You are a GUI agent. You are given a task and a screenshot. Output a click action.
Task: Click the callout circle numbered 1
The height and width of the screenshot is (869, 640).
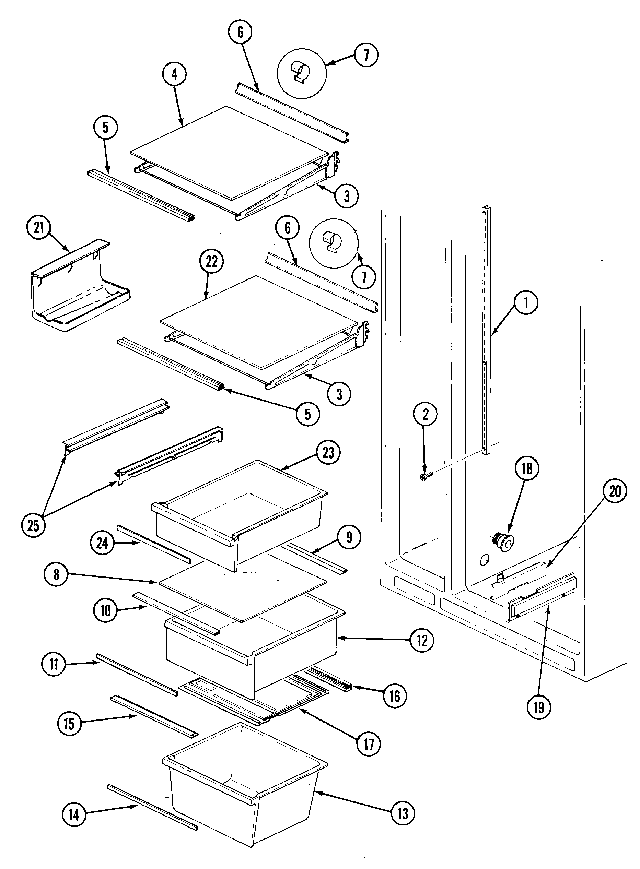[x=526, y=303]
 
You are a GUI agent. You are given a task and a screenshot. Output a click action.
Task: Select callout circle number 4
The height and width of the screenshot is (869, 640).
[x=174, y=74]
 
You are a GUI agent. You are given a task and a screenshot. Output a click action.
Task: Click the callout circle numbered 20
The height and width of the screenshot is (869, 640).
[x=615, y=491]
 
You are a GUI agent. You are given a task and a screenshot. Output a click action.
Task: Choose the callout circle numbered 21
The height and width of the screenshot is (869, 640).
[x=39, y=228]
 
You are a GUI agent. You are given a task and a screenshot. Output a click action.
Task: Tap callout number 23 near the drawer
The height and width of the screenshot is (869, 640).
[x=328, y=452]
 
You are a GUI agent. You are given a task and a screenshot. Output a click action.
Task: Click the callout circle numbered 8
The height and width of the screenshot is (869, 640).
[x=57, y=574]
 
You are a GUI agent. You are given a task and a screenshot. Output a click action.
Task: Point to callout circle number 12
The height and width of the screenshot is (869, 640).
[x=422, y=641]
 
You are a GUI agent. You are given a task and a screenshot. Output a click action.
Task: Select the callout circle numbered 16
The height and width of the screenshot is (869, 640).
[x=394, y=697]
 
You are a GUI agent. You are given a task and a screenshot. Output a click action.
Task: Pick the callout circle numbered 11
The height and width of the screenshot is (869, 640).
[x=54, y=664]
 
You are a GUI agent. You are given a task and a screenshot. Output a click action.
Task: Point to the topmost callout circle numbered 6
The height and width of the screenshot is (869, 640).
[x=240, y=32]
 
